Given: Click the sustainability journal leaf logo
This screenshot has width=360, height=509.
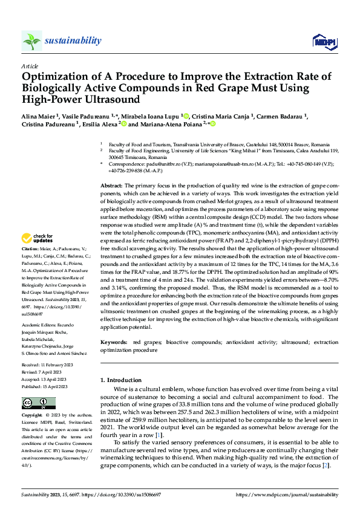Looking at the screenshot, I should coord(32,41).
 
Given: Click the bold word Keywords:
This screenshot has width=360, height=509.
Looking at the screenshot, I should coord(114,342).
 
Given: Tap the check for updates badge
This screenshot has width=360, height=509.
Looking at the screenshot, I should coord(42,238).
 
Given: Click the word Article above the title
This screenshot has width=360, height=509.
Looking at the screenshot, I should coord(30,65).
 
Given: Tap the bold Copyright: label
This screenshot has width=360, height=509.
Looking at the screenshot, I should coord(32,415).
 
